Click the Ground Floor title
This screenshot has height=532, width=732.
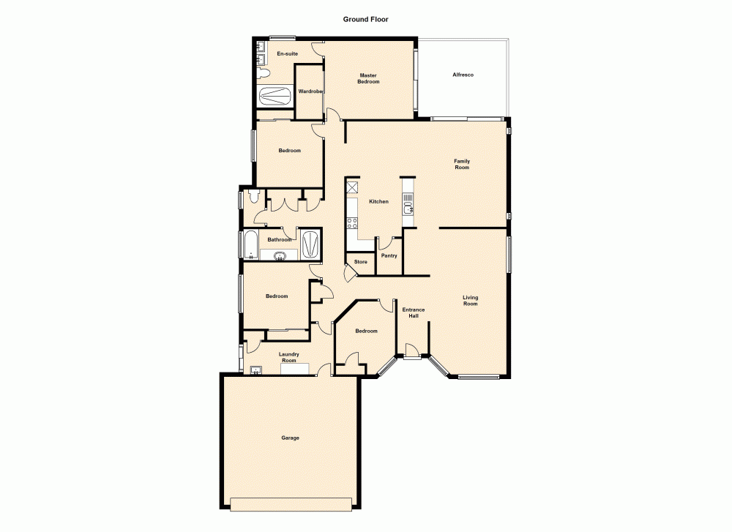[x=365, y=20]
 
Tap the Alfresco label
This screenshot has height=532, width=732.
[x=463, y=75]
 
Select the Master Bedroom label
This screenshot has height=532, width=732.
[x=368, y=78]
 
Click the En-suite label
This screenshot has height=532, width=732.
[x=287, y=53]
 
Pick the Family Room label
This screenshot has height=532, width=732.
[x=461, y=164]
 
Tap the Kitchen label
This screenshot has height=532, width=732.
[x=378, y=201]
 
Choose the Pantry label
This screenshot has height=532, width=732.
[x=389, y=255]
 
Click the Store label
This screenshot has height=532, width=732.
[x=360, y=261]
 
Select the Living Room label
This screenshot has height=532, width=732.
[x=470, y=300]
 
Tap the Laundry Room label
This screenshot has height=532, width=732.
[x=289, y=357]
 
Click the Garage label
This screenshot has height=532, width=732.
[x=290, y=438]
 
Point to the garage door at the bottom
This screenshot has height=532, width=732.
[x=291, y=503]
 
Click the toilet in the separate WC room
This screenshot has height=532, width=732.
[x=253, y=195]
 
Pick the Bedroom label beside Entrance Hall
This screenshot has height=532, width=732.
[x=366, y=331]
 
